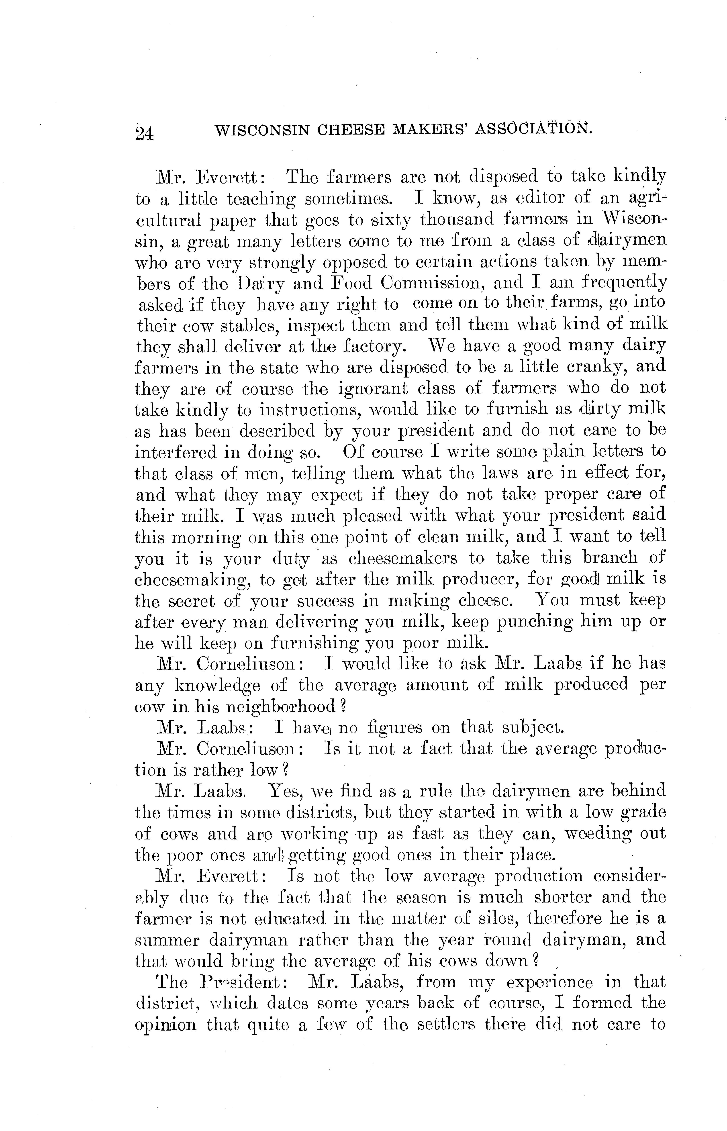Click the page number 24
(x=144, y=133)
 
